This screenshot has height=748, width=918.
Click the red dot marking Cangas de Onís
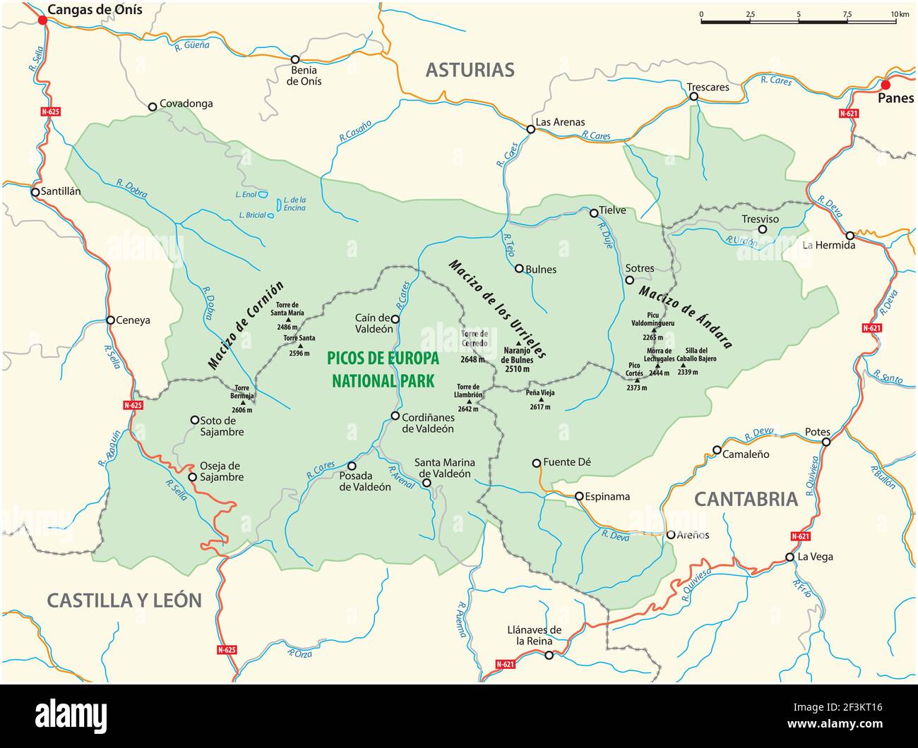[x=42, y=20]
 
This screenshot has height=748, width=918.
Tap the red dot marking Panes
[x=886, y=85]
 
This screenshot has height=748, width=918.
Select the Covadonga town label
[x=186, y=104]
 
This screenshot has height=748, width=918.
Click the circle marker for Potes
[x=825, y=442]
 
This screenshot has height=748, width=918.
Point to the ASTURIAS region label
[x=470, y=70]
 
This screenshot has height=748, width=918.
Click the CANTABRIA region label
[x=746, y=499]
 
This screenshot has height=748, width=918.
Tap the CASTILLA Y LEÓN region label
[x=124, y=601]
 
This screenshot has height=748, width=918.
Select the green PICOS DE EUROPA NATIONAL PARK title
[x=383, y=370]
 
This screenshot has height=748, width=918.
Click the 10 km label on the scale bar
[x=899, y=14]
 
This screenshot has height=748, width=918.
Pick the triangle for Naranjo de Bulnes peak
[x=518, y=342]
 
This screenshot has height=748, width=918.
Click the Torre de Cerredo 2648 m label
[x=474, y=346]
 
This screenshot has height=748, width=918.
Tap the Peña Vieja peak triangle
[x=542, y=399]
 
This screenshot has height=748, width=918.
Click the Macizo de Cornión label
[x=246, y=325]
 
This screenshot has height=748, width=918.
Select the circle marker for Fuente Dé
[x=537, y=463]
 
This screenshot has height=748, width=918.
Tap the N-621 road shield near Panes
[x=849, y=113]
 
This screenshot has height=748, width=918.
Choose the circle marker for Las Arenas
[x=530, y=129]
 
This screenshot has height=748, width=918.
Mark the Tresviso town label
[x=760, y=219]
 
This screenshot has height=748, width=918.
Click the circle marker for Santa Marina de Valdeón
[x=427, y=483]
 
